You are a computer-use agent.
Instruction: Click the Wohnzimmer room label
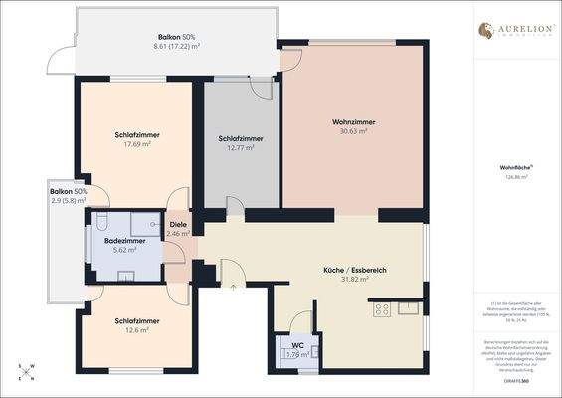coord(350,121)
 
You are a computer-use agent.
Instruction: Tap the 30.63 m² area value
coord(350,131)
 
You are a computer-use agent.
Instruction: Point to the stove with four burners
coord(381,309)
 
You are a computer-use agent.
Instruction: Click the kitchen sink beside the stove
coord(409,307)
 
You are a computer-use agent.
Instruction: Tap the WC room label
coord(297,345)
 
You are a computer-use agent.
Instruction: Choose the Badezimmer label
coord(124,241)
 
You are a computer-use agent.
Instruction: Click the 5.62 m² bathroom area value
coord(124,250)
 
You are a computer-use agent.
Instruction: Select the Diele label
coord(178,225)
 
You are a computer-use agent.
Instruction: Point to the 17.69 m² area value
coord(137,144)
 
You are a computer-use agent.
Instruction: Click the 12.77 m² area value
coord(240,147)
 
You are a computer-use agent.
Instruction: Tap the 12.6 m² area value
coord(136,330)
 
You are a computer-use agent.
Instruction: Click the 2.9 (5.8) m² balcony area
coord(68,200)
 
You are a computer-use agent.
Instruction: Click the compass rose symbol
coord(27,372)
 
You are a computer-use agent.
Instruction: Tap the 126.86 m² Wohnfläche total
coord(516,177)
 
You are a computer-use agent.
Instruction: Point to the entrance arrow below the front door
coord(234,286)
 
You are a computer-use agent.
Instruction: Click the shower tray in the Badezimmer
coord(147,222)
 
